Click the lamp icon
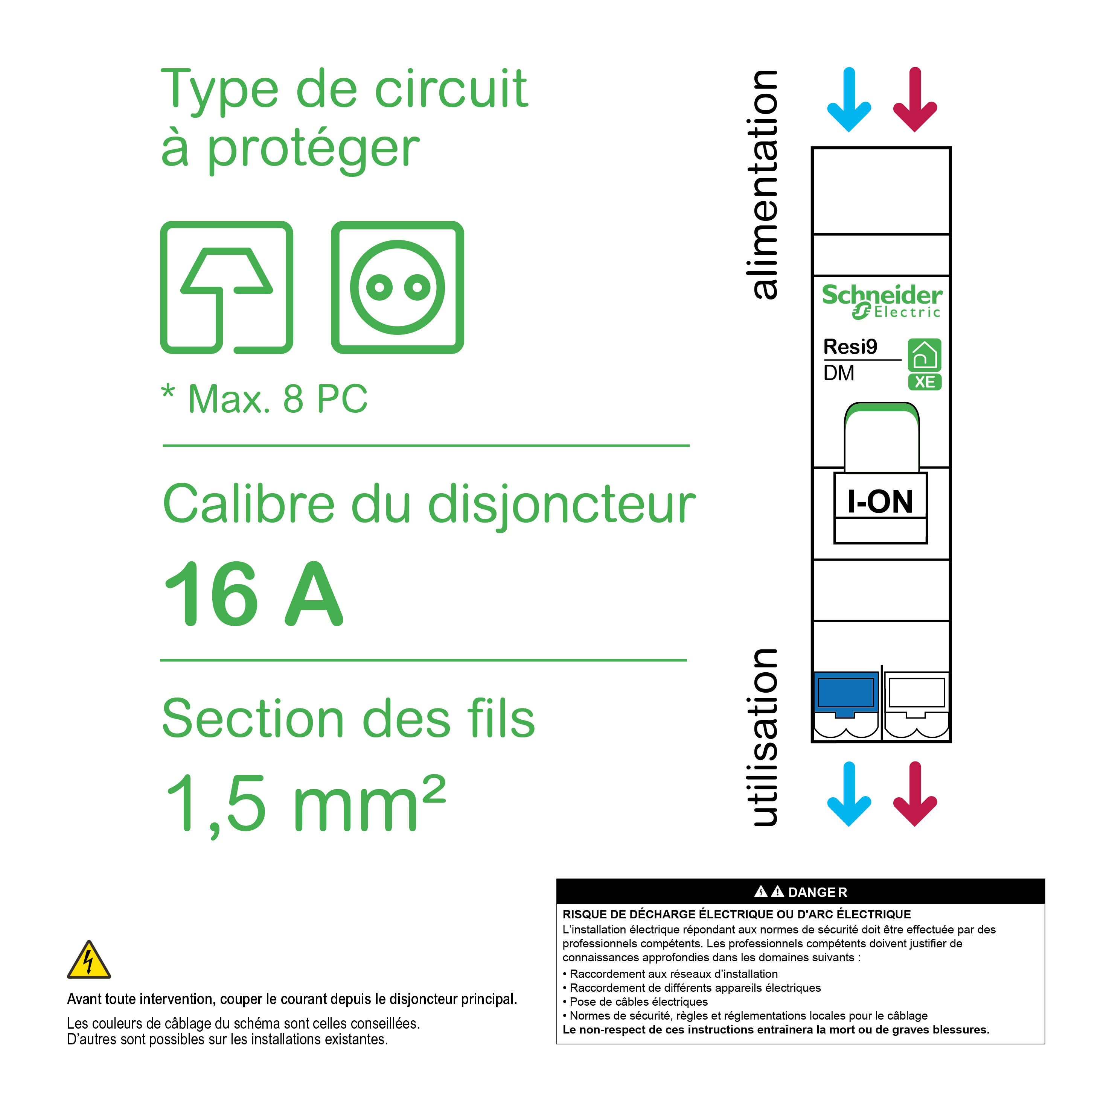coord(226,287)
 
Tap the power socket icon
coord(397,287)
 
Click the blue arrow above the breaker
coord(849,99)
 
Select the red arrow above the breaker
coord(915,99)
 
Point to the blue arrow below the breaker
coord(849,793)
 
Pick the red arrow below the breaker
coord(915,793)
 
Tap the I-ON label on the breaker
coord(880,501)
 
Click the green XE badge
coord(925,382)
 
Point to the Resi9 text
coord(850,347)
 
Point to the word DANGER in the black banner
coord(817,892)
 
